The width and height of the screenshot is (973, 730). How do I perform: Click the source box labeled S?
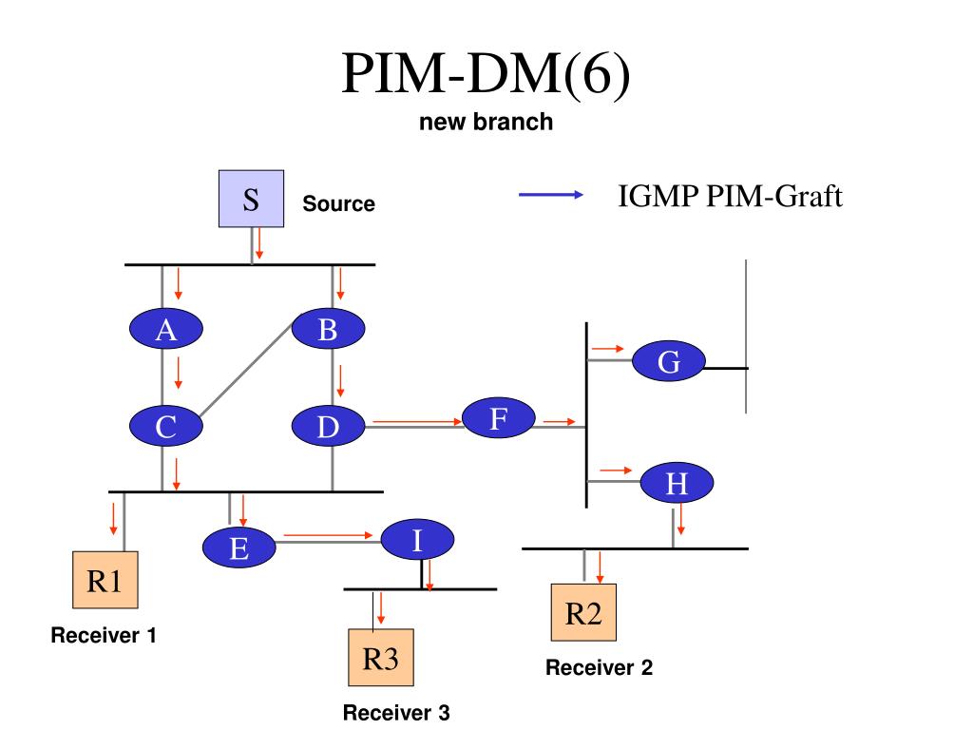click(x=251, y=199)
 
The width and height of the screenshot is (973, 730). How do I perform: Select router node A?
click(x=165, y=328)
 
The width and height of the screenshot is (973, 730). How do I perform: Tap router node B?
click(x=328, y=328)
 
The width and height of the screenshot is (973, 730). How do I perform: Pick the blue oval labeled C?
click(x=165, y=426)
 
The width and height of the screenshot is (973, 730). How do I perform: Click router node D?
click(x=328, y=426)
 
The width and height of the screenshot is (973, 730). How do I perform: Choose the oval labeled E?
click(x=238, y=547)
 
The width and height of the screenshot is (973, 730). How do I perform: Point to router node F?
click(x=499, y=418)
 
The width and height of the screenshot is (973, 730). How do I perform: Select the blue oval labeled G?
click(x=668, y=360)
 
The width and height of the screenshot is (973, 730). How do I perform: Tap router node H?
click(x=677, y=482)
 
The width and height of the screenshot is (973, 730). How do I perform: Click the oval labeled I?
click(x=417, y=540)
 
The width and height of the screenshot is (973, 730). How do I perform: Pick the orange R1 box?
click(x=105, y=580)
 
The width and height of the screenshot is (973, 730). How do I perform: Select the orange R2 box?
click(x=584, y=612)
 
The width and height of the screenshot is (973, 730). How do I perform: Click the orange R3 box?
click(x=381, y=658)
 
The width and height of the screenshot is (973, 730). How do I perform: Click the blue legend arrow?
click(x=551, y=195)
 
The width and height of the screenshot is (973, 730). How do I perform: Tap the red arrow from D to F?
click(x=418, y=422)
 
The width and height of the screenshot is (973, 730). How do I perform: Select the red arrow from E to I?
click(x=328, y=535)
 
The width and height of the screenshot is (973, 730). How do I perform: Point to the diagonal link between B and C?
click(x=246, y=370)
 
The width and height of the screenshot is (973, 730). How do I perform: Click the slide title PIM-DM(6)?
click(x=486, y=73)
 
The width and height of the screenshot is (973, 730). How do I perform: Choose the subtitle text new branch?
click(x=486, y=122)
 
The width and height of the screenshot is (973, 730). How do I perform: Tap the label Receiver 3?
click(x=396, y=712)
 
